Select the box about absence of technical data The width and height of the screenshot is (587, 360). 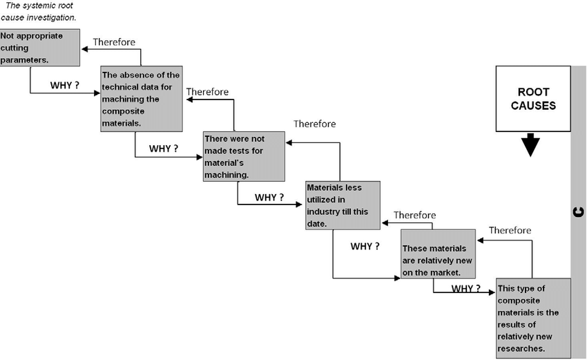(x=142, y=98)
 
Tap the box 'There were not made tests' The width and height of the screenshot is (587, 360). (x=243, y=157)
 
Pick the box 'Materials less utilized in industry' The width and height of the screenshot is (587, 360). (x=343, y=205)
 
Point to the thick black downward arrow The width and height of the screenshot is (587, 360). (x=530, y=146)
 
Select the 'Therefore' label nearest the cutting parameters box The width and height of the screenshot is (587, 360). (x=115, y=41)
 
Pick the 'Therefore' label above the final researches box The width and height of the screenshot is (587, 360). (x=510, y=230)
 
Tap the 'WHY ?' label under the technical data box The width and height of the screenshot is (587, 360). (x=164, y=149)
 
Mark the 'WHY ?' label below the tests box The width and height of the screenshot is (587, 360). (x=269, y=197)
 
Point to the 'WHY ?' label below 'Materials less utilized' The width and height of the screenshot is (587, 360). (x=365, y=246)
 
